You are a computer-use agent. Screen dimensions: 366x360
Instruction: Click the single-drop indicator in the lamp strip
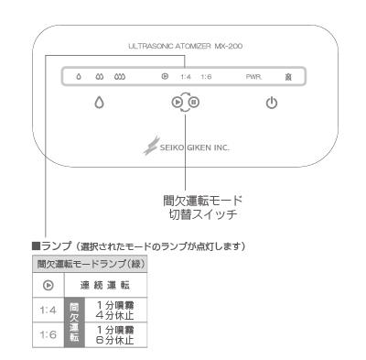tap(79, 76)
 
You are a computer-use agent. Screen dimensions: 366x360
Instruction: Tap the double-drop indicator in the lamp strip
tap(100, 76)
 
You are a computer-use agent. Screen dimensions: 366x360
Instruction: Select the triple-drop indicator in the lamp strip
tap(120, 76)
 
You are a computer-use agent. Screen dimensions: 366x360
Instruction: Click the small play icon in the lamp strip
tap(165, 76)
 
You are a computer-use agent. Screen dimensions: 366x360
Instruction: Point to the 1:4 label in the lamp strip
tap(186, 77)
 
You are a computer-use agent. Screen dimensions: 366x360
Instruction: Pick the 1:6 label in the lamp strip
tap(206, 77)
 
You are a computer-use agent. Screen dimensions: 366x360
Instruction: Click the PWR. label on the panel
tap(253, 77)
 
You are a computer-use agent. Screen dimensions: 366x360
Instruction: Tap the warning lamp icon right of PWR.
tap(288, 77)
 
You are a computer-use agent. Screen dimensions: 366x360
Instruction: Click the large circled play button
tap(178, 102)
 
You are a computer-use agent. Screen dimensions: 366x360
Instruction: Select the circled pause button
tap(194, 102)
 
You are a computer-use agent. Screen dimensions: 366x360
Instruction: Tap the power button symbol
tap(272, 104)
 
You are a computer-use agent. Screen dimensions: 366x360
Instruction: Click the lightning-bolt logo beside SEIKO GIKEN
tap(151, 146)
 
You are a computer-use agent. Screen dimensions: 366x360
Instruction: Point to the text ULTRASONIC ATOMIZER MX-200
tap(186, 47)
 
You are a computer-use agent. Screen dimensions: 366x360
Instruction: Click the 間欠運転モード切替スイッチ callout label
tap(202, 208)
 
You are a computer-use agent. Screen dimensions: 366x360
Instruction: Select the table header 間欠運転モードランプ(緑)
tap(91, 264)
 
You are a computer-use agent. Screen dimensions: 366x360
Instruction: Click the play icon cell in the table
tap(48, 286)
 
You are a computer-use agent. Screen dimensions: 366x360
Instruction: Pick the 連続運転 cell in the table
tap(105, 286)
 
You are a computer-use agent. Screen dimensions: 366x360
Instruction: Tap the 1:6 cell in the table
tap(48, 334)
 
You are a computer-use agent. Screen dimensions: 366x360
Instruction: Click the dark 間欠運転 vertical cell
tap(74, 322)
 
